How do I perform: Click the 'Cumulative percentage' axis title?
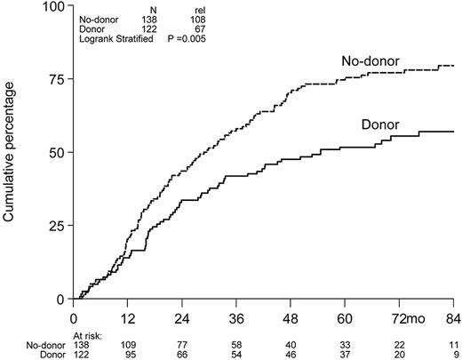(x=14, y=152)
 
